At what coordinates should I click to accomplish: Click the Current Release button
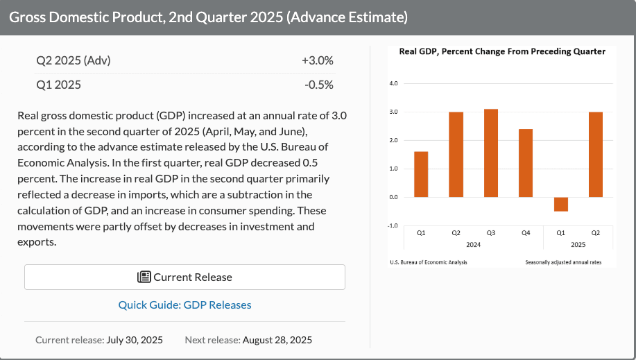click(x=184, y=277)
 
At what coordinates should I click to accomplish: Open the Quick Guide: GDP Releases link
click(x=184, y=305)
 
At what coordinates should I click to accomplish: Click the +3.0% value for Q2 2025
click(x=318, y=60)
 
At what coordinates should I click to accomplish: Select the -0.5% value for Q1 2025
click(x=319, y=85)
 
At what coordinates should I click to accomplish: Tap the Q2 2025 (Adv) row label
click(x=74, y=60)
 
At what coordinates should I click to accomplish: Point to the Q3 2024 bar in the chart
click(x=491, y=153)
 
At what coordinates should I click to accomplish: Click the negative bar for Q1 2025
click(x=561, y=204)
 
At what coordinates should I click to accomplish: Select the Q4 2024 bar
click(x=526, y=163)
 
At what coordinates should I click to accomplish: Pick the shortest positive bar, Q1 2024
click(x=421, y=174)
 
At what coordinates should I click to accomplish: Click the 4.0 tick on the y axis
click(x=393, y=84)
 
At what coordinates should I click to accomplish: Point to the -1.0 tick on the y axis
click(x=393, y=225)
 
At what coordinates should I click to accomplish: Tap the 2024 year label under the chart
click(x=473, y=244)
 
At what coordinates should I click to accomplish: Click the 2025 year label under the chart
click(x=578, y=244)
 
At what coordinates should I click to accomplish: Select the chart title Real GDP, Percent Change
click(x=502, y=51)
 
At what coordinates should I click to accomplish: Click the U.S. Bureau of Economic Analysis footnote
click(x=429, y=262)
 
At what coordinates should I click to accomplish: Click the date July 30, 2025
click(x=134, y=340)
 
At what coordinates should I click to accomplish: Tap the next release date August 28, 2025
click(x=277, y=340)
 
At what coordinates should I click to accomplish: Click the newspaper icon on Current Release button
click(x=144, y=277)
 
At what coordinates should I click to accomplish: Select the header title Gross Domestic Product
click(x=208, y=17)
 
